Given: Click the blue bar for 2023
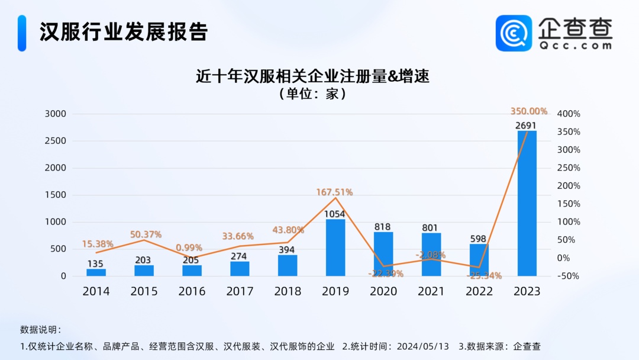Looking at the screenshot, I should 527,203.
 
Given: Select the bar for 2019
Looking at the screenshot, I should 335,247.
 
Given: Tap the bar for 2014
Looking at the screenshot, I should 96,272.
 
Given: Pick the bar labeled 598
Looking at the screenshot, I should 479,260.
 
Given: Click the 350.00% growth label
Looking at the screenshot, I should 528,111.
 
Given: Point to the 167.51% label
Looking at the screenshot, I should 334,192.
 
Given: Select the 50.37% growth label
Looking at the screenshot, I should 146,234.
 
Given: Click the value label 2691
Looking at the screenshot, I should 526,125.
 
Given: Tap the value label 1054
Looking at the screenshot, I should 335,214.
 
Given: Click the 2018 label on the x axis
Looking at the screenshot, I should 288,291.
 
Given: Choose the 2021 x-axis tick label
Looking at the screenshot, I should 431,291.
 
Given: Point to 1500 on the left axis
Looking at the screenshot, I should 56,195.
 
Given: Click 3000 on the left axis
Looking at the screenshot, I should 56,114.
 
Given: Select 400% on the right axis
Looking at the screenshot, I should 569,114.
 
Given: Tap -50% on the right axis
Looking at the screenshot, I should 569,276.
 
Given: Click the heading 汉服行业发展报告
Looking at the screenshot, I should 124,31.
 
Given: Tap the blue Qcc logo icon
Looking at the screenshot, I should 514,33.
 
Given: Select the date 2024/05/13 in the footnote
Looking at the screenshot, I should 423,346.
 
